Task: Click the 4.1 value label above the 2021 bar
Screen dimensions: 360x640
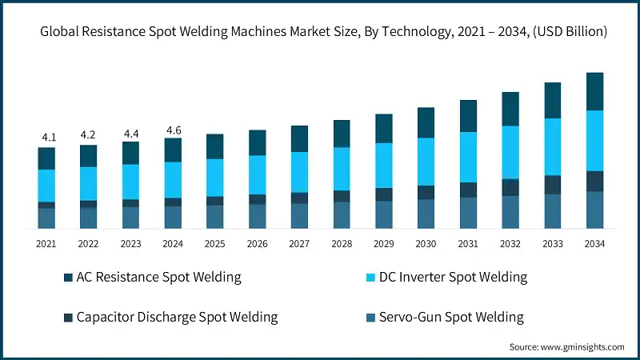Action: [46, 137]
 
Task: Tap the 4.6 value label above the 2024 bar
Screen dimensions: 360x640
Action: [173, 129]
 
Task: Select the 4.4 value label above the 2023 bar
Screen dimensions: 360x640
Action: [130, 133]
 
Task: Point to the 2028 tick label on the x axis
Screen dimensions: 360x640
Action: [342, 243]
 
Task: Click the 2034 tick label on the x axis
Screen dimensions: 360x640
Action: [594, 243]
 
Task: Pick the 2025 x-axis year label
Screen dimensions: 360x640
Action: [215, 243]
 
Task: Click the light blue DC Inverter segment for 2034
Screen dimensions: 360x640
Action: [594, 140]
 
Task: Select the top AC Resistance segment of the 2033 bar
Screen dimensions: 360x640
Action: [552, 100]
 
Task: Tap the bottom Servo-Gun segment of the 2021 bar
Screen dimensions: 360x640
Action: [46, 218]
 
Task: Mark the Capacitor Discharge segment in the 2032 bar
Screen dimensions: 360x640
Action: [510, 186]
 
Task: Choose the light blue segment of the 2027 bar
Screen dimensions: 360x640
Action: [299, 172]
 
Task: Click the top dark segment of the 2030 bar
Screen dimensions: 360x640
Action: [426, 122]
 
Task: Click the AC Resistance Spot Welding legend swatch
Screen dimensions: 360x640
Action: [68, 278]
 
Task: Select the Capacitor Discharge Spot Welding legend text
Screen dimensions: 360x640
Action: [177, 317]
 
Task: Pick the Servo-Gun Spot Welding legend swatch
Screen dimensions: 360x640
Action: [371, 318]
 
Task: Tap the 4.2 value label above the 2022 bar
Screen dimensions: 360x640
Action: [89, 135]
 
